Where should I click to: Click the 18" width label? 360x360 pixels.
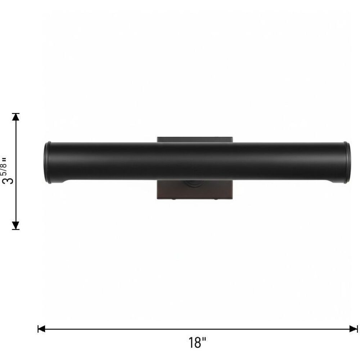click(197, 343)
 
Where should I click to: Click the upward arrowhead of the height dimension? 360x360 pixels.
click(15, 117)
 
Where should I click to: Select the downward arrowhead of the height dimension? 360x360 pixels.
click(15, 225)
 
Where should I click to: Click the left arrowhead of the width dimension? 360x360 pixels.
click(41, 329)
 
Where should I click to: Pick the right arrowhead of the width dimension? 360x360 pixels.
click(354, 329)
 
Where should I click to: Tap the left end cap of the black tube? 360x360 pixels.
click(48, 162)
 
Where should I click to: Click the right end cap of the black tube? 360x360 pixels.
click(347, 162)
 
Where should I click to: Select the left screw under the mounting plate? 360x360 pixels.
click(174, 199)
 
